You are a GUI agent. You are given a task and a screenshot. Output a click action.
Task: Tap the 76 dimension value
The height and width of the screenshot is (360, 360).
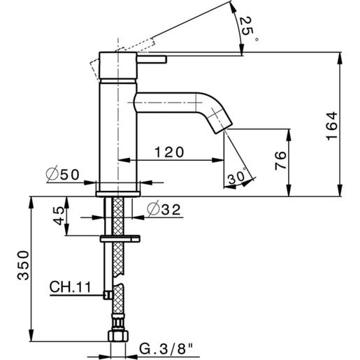tap(278, 162)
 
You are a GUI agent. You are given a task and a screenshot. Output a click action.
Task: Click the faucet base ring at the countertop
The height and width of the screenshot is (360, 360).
tap(118, 187)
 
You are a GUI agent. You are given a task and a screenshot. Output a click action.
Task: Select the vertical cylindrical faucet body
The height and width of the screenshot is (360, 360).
tap(117, 126)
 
